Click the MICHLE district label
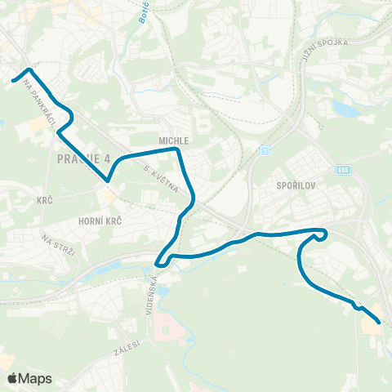coord(174,140)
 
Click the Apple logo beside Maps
coord(12,378)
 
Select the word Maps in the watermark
coord(36,378)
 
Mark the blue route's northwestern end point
coord(13,80)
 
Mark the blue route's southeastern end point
coord(380,323)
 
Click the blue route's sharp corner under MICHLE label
coord(178,149)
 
